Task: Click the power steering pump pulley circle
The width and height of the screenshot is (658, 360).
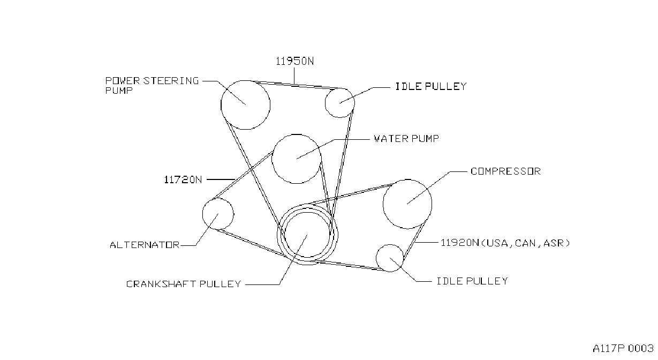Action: [x=221, y=105]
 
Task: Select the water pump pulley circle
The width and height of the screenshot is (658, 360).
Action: [x=272, y=159]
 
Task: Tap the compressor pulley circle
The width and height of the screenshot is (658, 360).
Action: [x=383, y=204]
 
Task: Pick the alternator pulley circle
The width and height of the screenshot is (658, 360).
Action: [x=203, y=214]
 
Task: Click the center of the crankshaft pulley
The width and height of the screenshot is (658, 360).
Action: [x=307, y=235]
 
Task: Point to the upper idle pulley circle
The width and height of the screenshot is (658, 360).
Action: [x=325, y=103]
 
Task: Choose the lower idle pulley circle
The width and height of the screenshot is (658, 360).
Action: [x=376, y=258]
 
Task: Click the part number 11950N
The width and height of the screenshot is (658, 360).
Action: [x=294, y=61]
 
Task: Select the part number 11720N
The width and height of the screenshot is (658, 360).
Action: [x=183, y=179]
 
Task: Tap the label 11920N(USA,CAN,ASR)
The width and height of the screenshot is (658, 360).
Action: [x=505, y=243]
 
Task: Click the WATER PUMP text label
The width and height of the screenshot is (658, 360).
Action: [x=406, y=138]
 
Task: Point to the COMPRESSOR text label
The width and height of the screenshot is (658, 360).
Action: [x=505, y=171]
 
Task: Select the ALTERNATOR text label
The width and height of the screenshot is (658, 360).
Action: [x=145, y=244]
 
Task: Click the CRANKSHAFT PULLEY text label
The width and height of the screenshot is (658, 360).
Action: [x=184, y=284]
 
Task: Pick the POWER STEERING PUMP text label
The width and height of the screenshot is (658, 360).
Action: [x=152, y=85]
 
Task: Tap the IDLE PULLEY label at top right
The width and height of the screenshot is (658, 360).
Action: [x=431, y=86]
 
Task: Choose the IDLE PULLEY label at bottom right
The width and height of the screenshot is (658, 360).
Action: [x=472, y=281]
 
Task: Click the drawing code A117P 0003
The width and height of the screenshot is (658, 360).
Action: [x=623, y=348]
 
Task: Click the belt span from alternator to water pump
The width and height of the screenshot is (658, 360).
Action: [x=243, y=175]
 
